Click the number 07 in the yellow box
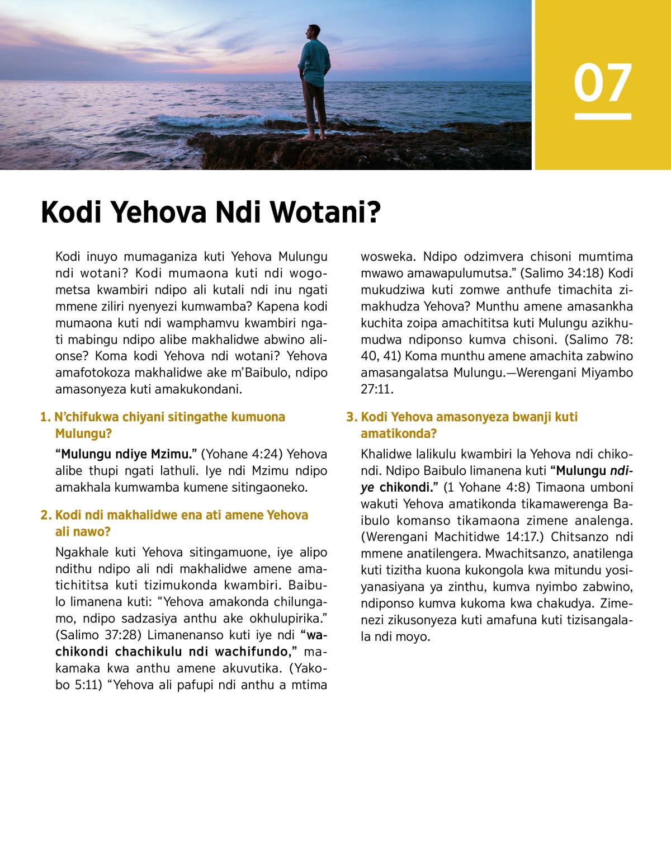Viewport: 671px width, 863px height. pyautogui.click(x=602, y=83)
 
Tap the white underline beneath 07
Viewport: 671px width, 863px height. pyautogui.click(x=602, y=116)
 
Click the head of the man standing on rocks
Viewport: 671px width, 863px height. pyautogui.click(x=314, y=32)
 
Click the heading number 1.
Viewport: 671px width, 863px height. pyautogui.click(x=45, y=417)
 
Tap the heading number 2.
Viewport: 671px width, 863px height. pyautogui.click(x=45, y=515)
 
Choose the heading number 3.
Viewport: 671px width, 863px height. pyautogui.click(x=351, y=417)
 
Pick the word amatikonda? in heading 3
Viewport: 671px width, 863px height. pyautogui.click(x=399, y=434)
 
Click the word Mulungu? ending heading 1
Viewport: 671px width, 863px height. pyautogui.click(x=83, y=434)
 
